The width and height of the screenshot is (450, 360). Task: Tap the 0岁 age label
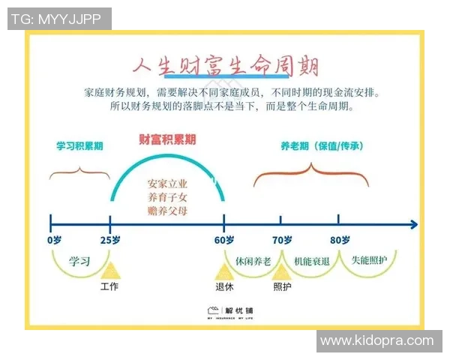54,240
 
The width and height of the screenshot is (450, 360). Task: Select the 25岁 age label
111,240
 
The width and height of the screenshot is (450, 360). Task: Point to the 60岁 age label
224,240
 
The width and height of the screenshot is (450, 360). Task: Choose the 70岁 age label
281,240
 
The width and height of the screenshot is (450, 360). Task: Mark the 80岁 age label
339,240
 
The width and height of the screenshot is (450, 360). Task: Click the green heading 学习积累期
79,146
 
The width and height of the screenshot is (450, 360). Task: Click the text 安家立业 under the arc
167,183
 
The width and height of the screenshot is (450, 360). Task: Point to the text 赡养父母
167,211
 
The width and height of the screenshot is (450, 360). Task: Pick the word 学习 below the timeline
79,262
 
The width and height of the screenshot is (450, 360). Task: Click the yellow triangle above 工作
111,271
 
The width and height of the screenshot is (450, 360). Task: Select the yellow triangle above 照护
281,271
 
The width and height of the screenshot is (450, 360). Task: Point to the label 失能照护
369,260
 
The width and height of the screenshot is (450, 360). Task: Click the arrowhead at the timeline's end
413,223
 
